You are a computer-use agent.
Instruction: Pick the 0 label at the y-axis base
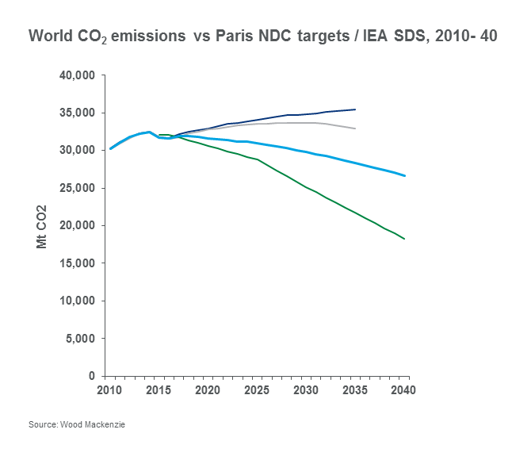coord(92,376)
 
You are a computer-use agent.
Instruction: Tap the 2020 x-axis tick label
coord(207,390)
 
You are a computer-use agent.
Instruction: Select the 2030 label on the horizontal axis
coord(306,390)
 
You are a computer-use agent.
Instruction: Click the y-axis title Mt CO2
coord(43,227)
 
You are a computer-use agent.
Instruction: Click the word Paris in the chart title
coord(233,37)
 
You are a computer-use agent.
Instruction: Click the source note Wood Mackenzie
coord(77,425)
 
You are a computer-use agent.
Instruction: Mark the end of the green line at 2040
coord(405,239)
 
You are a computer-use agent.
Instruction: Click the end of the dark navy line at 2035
coord(355,109)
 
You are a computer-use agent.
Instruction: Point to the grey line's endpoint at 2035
coord(355,128)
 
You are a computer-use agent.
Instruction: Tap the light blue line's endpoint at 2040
coord(405,176)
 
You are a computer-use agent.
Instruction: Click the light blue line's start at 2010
coord(109,148)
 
